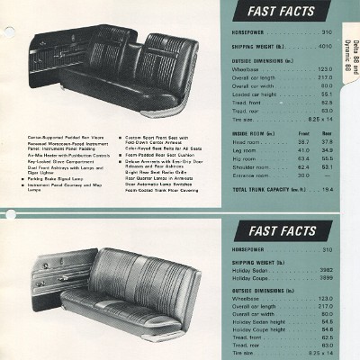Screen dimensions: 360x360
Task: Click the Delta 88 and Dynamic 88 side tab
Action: [350, 53]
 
